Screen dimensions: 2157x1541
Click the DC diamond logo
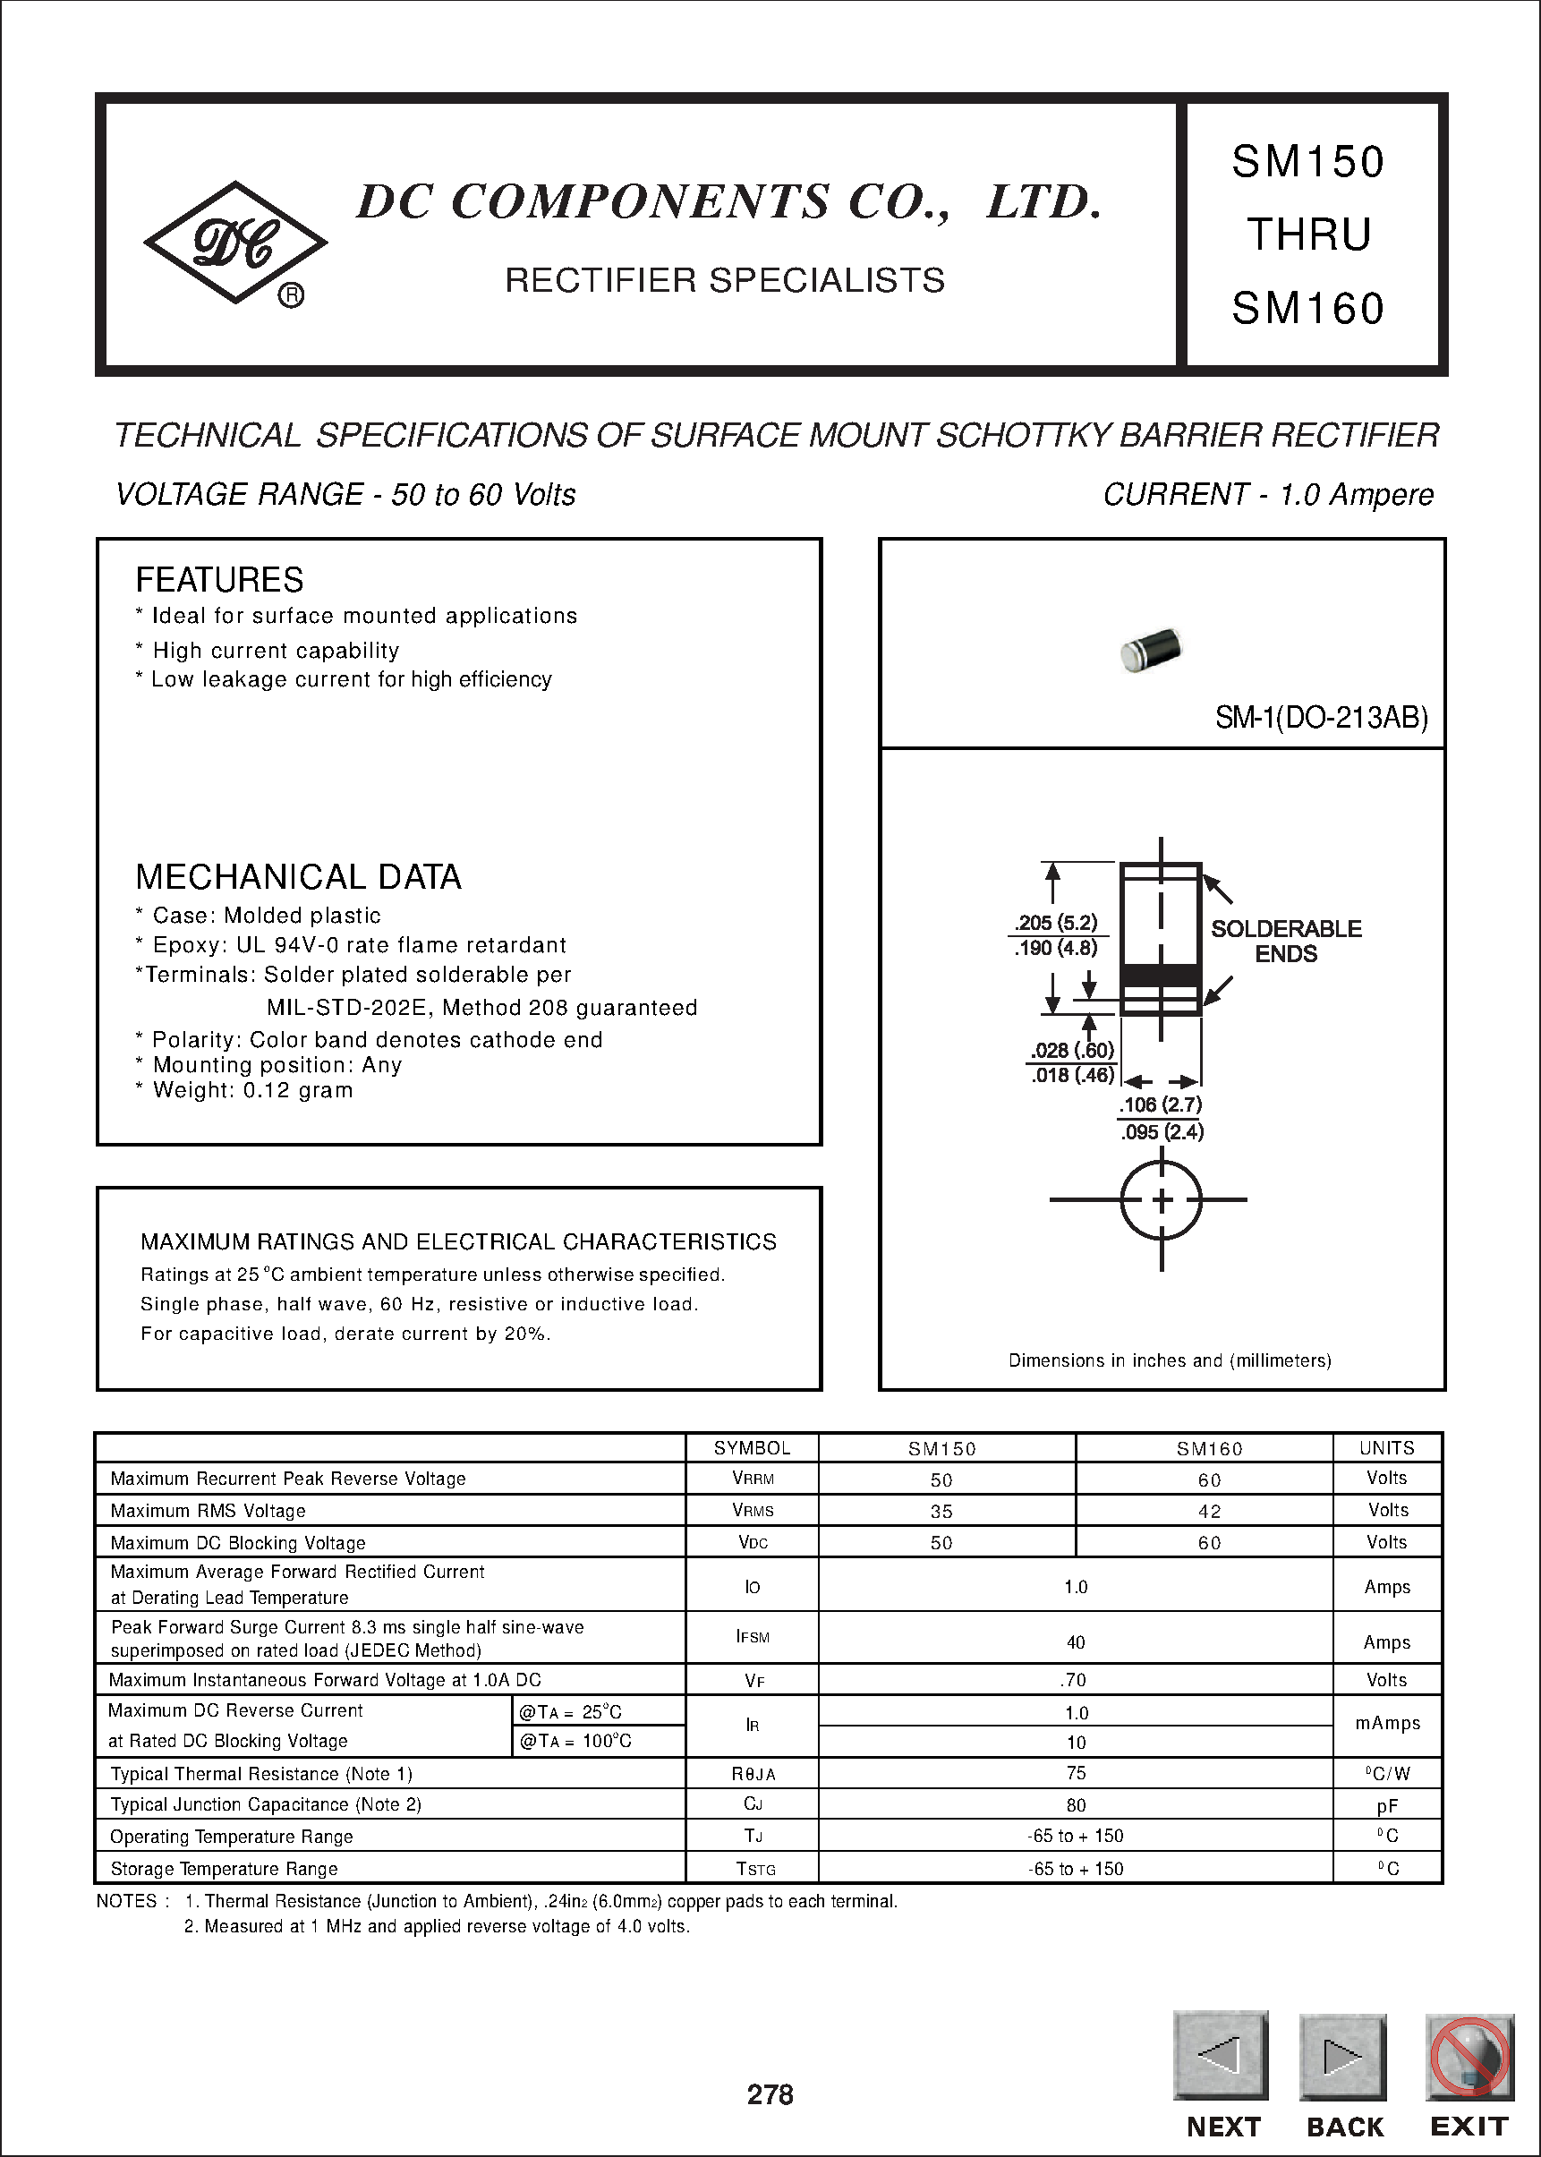pos(235,243)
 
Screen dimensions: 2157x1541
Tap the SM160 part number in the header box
pos(1307,309)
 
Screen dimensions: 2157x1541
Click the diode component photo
pos(1151,650)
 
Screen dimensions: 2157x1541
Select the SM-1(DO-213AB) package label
pos(1321,718)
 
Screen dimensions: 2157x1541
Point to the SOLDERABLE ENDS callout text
pos(1286,941)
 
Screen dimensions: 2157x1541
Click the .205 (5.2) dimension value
pos(1055,923)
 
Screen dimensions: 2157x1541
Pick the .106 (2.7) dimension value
pos(1160,1104)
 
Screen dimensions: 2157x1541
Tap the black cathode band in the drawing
pos(1161,976)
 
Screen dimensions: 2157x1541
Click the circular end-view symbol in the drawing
pos(1162,1200)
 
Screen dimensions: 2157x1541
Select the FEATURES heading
pos(219,580)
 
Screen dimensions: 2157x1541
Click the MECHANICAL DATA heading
pos(298,877)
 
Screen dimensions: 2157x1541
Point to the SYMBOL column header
pos(752,1448)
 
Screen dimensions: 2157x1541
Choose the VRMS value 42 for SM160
pos(1209,1511)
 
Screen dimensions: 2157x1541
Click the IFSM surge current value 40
pos(1075,1641)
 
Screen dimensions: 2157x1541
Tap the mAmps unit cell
pos(1387,1723)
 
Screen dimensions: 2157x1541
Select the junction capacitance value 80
pos(1075,1805)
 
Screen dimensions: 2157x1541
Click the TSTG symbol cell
pos(755,1869)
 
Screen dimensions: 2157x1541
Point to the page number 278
pos(770,2094)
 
